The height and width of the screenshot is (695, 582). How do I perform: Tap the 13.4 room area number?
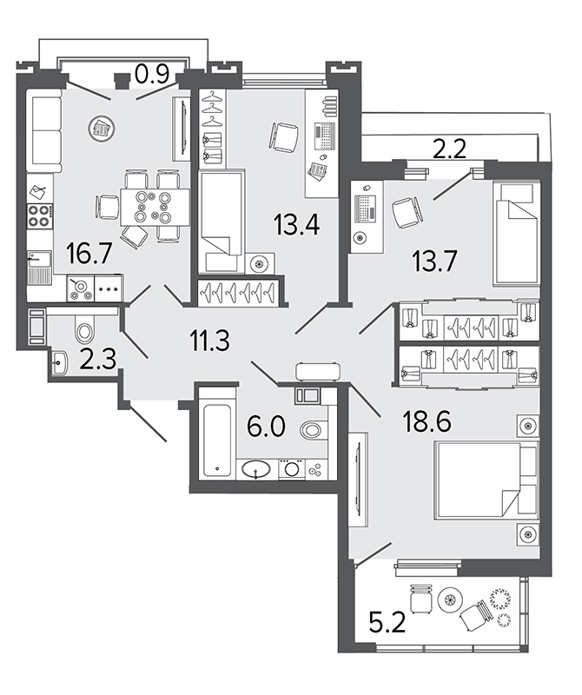coord(296,224)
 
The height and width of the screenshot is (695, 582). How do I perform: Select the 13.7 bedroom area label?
coord(434,261)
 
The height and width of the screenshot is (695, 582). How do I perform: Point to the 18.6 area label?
coord(427,421)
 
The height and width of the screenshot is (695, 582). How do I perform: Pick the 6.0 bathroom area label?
coord(266,427)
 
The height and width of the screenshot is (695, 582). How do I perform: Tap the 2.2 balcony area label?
coord(449,149)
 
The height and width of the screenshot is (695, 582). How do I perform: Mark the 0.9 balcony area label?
coord(152,74)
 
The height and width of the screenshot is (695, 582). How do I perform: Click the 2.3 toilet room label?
coord(98,359)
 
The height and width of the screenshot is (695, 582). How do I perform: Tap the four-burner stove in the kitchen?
coord(39,215)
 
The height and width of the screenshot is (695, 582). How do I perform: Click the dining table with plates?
coord(155,207)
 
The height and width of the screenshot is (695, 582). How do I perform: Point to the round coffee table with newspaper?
coord(103,129)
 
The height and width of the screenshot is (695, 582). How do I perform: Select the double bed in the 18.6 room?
coord(486,480)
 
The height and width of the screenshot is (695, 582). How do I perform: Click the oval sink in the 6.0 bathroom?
coord(256,469)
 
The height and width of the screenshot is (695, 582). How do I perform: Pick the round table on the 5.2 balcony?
coord(450,599)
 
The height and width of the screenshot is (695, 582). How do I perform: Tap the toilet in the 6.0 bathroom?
coord(314,428)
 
